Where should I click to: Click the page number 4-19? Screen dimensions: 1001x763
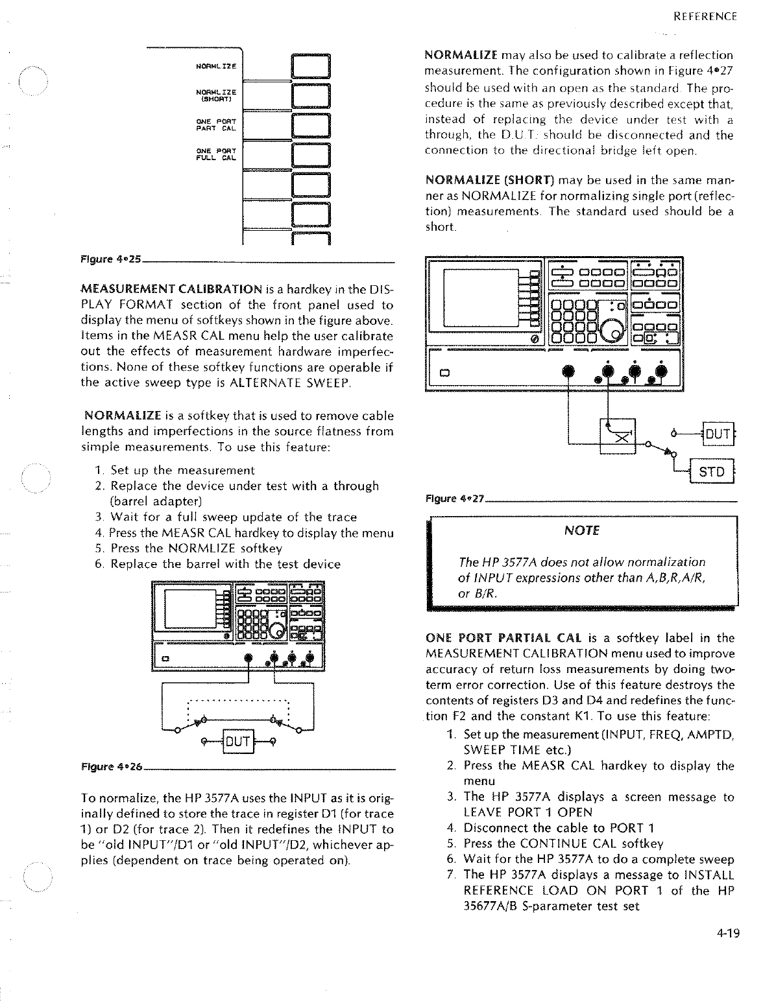click(x=728, y=934)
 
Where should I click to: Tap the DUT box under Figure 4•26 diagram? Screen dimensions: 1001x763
click(x=238, y=739)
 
